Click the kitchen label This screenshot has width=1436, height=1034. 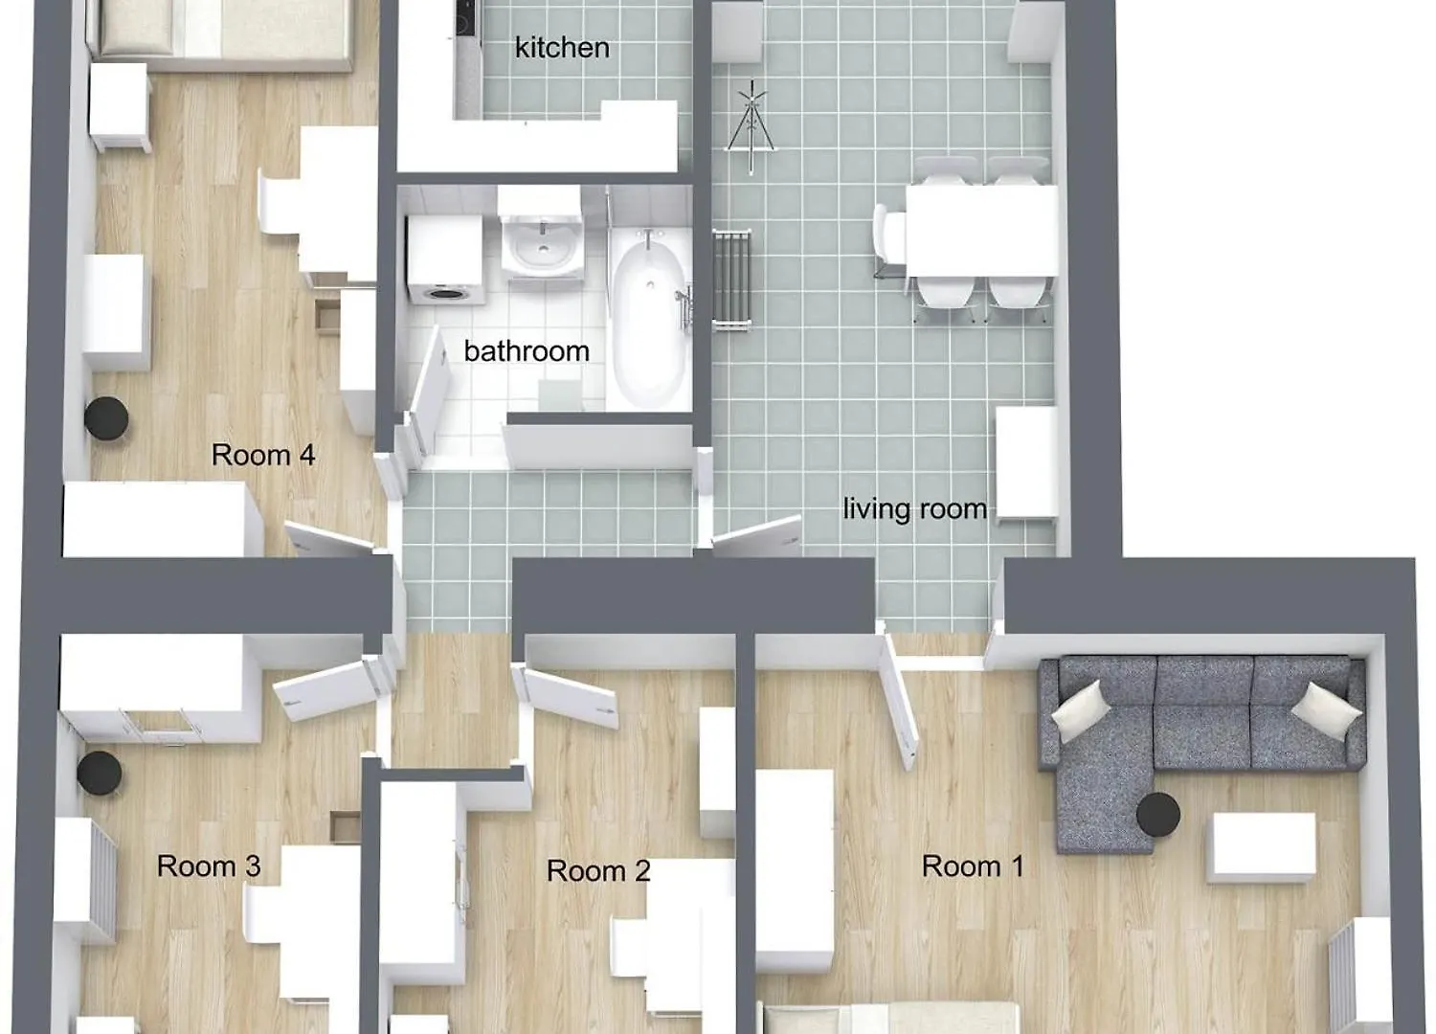pyautogui.click(x=562, y=48)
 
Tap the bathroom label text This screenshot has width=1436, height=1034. pyautogui.click(x=527, y=351)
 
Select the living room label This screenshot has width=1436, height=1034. pyautogui.click(x=915, y=509)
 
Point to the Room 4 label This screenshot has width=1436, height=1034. pyautogui.click(x=263, y=455)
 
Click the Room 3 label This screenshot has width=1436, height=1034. pyautogui.click(x=209, y=866)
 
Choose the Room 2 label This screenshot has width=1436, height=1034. pyautogui.click(x=598, y=870)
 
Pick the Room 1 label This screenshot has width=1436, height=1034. pyautogui.click(x=974, y=866)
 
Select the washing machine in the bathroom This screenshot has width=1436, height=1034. pyautogui.click(x=445, y=259)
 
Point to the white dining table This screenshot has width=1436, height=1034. pyautogui.click(x=981, y=231)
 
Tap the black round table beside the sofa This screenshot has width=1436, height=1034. pyautogui.click(x=1157, y=815)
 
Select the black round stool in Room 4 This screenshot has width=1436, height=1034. pyautogui.click(x=106, y=418)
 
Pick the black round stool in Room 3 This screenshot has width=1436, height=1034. pyautogui.click(x=100, y=773)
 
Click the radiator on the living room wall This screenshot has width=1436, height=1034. pyautogui.click(x=732, y=281)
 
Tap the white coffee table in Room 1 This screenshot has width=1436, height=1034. pyautogui.click(x=1262, y=847)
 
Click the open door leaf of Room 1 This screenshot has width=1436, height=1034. pyautogui.click(x=901, y=700)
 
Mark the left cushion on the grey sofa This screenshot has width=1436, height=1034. pyautogui.click(x=1082, y=711)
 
